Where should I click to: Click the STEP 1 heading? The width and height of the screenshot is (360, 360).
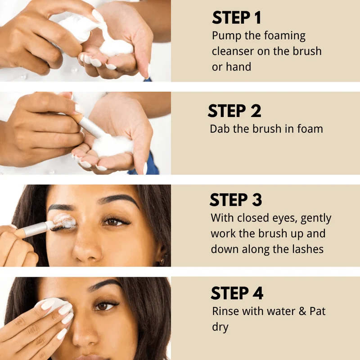237,18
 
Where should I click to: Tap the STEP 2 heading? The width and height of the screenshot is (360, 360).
234,111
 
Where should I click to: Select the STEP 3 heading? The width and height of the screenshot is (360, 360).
236,199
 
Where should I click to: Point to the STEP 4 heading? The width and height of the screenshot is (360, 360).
237,293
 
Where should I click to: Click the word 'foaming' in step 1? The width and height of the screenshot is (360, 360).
284,36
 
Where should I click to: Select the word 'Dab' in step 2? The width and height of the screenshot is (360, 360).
220,129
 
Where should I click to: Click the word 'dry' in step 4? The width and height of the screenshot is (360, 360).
220,327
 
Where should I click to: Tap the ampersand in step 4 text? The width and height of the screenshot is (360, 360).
302,311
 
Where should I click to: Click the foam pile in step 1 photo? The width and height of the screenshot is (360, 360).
117,47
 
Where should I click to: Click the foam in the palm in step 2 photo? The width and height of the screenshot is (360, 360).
112,145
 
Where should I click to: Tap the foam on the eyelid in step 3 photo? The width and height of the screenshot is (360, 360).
64,221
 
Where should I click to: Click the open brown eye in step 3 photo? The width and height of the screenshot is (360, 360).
114,222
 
